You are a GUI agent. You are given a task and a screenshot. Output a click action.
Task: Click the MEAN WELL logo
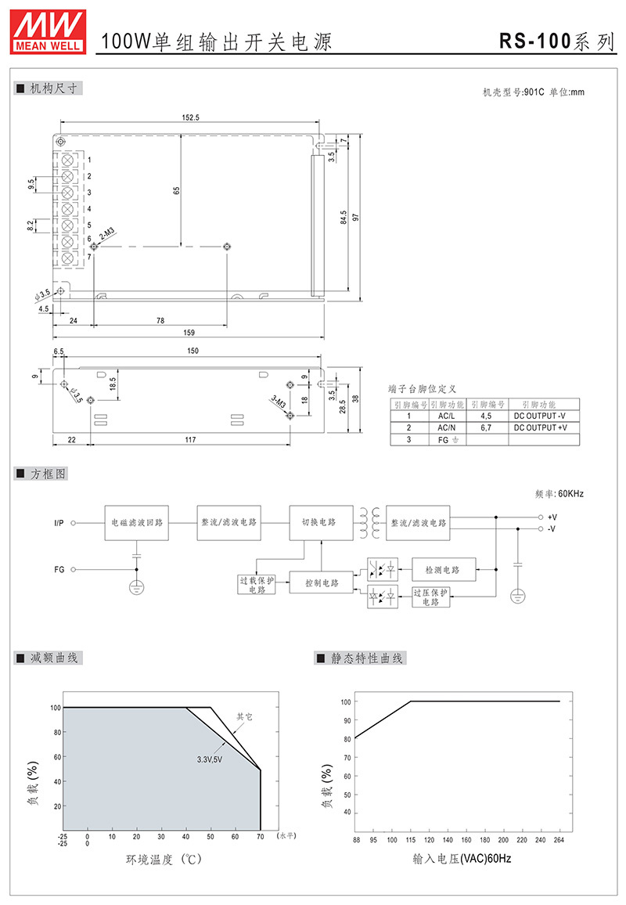point(48,32)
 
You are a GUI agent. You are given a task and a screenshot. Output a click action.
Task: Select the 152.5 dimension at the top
point(190,117)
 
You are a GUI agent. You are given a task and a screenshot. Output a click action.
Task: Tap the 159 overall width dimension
point(189,333)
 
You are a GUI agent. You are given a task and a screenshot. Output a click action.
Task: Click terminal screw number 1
point(68,159)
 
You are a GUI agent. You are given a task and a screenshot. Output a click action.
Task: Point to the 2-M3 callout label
point(108,234)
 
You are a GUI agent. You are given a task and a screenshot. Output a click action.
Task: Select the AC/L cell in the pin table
point(446,416)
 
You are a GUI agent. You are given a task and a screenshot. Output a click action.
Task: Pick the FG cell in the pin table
point(448,440)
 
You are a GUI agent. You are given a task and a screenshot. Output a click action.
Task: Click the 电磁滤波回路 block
point(137,523)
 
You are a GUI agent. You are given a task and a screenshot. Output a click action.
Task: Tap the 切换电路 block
point(321,523)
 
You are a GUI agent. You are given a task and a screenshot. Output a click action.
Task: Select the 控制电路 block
point(322,583)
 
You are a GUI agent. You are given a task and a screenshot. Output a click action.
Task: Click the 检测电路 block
point(444,570)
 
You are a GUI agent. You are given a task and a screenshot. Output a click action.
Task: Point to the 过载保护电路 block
point(257,585)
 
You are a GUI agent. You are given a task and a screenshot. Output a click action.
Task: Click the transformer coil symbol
point(370,523)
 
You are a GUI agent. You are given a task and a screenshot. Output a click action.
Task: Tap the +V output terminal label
point(552,517)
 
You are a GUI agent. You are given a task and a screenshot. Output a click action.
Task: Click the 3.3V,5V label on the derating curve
point(210,759)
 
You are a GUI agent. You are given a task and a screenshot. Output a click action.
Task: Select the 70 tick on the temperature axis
point(261,836)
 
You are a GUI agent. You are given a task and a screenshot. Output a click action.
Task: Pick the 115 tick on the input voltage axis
point(411,840)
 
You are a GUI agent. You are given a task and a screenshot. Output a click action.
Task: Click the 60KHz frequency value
point(570,494)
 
